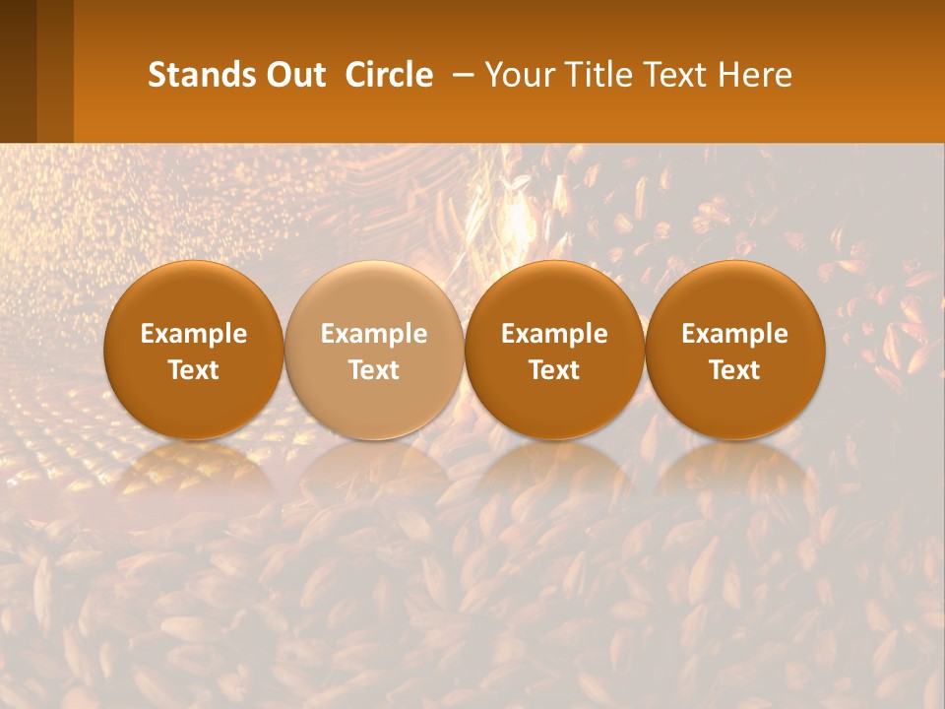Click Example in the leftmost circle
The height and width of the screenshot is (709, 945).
click(194, 334)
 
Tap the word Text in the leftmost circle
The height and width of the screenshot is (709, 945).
click(194, 370)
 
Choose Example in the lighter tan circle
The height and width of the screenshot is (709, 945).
click(374, 334)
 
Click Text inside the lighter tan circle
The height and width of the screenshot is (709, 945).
click(374, 370)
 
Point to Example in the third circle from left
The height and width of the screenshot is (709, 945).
click(554, 334)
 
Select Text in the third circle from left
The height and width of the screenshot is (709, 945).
click(554, 370)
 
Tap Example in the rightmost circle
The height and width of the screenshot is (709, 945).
click(734, 334)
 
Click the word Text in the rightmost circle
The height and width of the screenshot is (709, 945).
click(734, 370)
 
